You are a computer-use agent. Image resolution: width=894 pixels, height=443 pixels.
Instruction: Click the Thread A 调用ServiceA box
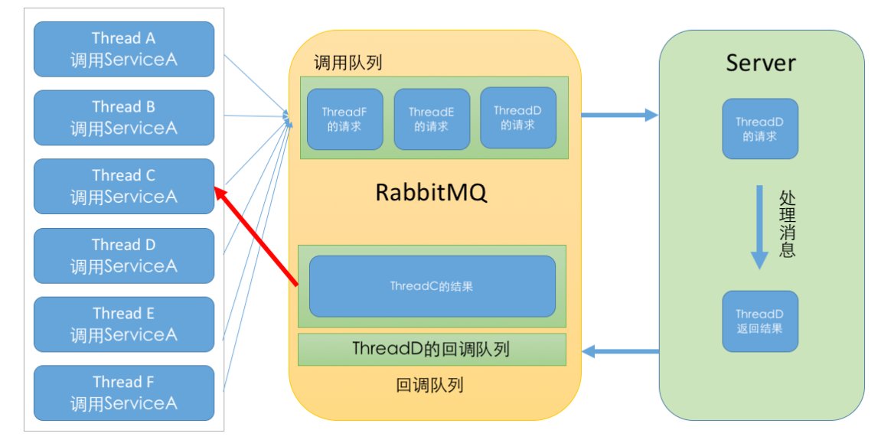pos(123,48)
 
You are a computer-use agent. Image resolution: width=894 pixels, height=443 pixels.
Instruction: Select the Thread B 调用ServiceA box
pos(123,117)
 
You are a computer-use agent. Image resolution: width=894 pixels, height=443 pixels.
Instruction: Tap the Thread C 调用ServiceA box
pos(123,186)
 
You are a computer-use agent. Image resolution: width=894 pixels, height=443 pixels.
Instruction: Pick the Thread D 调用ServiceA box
pos(123,255)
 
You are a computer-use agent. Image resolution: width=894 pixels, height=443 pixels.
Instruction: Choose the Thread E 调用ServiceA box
pos(123,324)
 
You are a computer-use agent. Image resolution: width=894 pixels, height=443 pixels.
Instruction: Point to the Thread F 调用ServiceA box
pos(123,392)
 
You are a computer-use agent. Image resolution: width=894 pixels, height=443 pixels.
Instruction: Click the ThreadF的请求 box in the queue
pos(344,119)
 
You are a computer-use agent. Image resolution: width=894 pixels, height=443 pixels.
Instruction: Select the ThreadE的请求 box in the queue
pos(432,119)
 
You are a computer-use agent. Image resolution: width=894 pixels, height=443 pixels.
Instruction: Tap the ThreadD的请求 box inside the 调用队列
pos(518,118)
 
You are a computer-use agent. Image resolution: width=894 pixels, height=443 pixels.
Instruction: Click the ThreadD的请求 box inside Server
pos(760,129)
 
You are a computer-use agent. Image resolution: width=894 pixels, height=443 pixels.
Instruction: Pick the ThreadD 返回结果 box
pos(760,321)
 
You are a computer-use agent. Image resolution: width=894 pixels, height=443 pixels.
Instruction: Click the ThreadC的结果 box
pos(432,286)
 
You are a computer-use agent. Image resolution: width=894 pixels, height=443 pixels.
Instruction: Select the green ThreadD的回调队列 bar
pos(432,350)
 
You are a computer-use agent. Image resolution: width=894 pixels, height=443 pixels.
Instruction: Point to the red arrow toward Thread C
pos(256,237)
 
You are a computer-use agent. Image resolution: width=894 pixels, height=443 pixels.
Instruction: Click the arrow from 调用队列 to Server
pos(619,116)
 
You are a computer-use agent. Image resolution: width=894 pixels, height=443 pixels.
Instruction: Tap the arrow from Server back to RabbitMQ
pos(621,352)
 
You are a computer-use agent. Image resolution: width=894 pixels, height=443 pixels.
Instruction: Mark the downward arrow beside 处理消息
pos(759,226)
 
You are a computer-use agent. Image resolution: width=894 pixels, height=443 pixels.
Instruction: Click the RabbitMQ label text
pos(431,193)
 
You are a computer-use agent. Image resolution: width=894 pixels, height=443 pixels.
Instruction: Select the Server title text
pos(760,63)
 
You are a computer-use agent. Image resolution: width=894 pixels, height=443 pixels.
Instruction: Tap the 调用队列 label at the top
pos(347,63)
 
